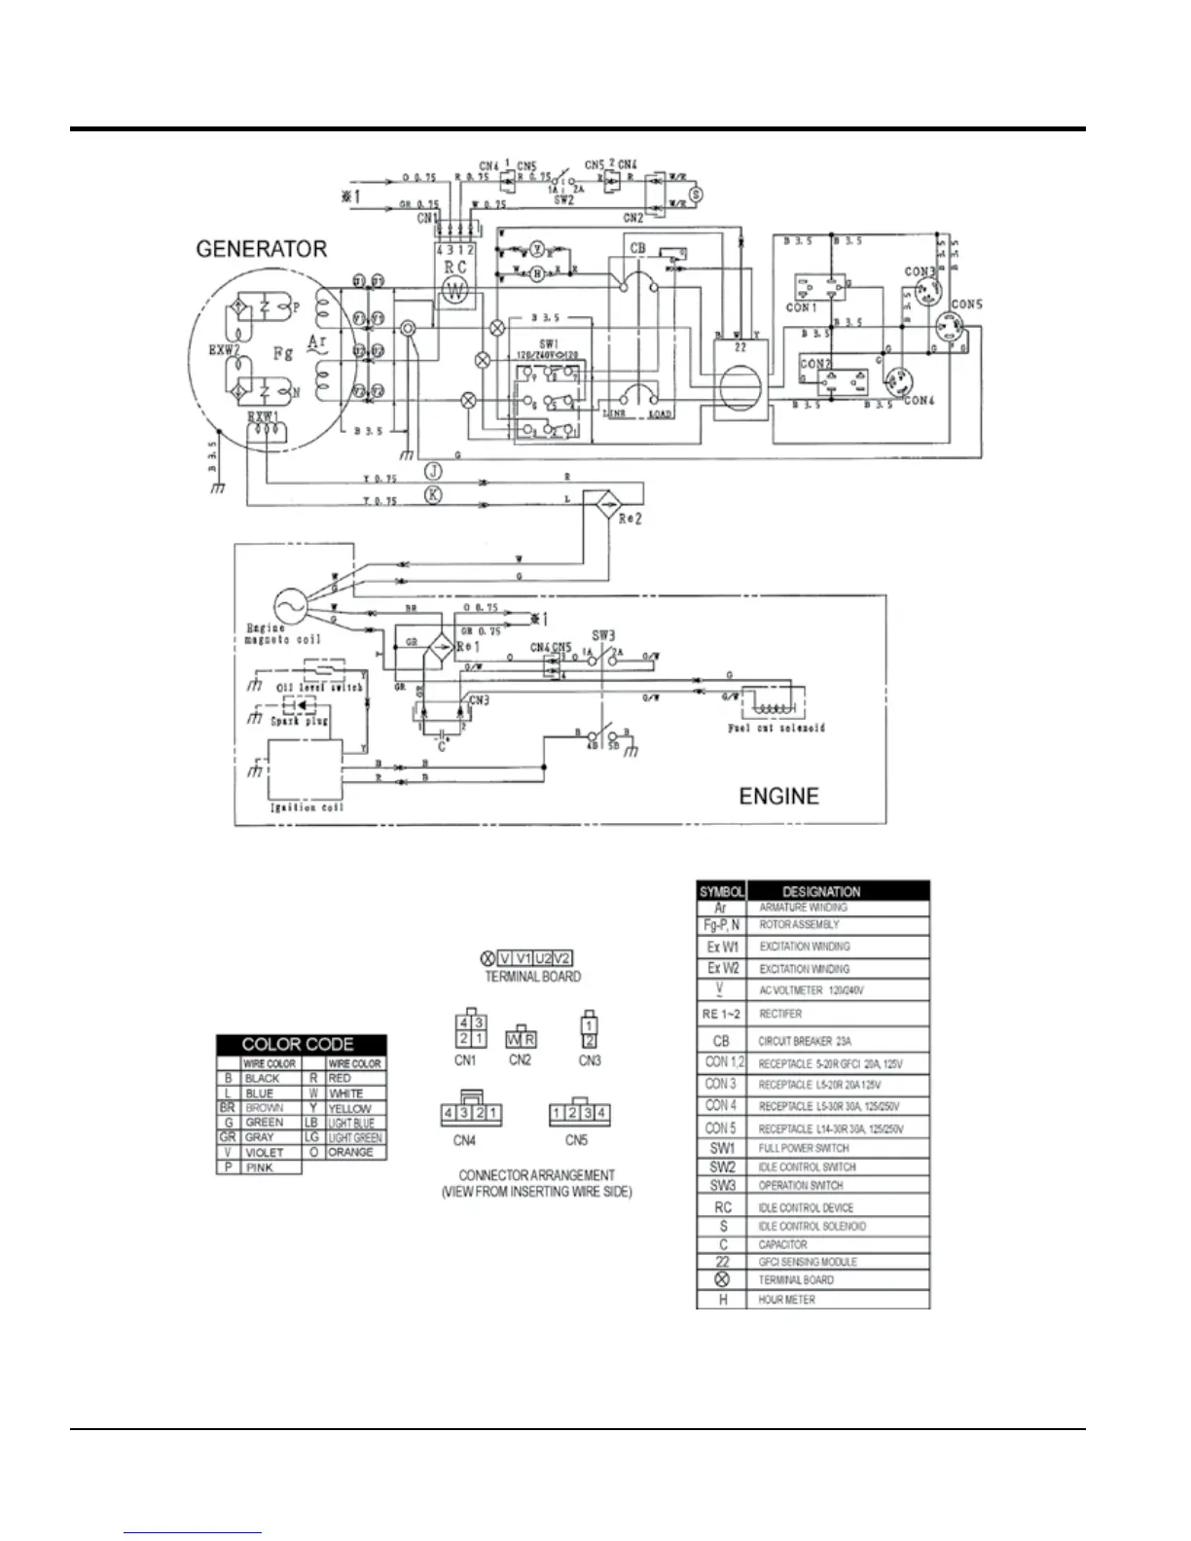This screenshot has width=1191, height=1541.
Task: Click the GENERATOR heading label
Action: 261,249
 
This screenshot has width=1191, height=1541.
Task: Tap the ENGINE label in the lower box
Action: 778,796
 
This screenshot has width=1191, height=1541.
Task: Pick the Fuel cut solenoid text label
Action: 776,727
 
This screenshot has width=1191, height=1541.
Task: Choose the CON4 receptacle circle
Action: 898,380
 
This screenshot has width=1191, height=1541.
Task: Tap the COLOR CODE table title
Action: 301,1044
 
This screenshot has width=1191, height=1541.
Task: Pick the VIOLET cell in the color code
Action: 265,1152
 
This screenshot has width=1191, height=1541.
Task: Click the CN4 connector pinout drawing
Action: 471,1111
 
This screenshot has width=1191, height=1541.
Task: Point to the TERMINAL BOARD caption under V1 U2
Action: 532,976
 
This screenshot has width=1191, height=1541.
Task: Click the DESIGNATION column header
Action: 821,890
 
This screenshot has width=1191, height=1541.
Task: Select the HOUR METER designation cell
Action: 787,1299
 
